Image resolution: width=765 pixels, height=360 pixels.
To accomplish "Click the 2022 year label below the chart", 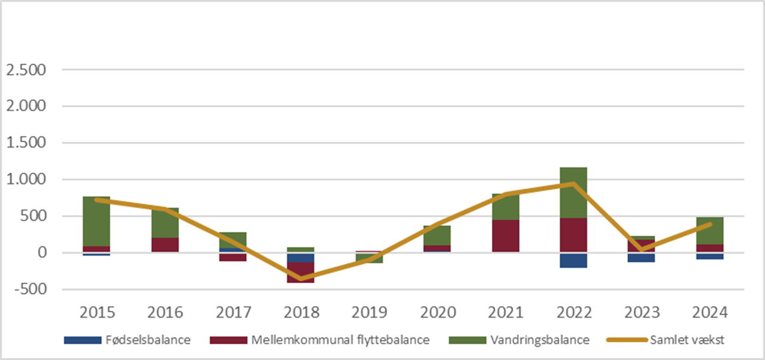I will [573, 312].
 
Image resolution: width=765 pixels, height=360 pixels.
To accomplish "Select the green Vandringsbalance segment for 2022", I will [573, 193].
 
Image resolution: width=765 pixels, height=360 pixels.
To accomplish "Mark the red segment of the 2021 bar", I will [505, 236].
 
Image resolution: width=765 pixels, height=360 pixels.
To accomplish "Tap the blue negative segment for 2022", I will [573, 260].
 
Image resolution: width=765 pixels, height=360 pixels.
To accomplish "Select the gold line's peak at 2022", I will [573, 184].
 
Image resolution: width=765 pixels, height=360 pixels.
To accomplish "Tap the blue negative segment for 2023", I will [641, 258].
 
